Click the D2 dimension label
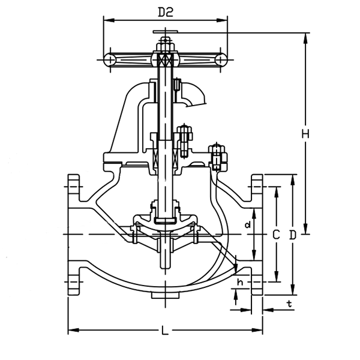(x=166, y=11)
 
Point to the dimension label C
(x=275, y=235)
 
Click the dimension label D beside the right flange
(x=292, y=235)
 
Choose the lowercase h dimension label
(x=240, y=282)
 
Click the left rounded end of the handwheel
(x=109, y=59)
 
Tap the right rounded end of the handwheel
(x=221, y=59)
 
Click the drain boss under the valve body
(x=165, y=295)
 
